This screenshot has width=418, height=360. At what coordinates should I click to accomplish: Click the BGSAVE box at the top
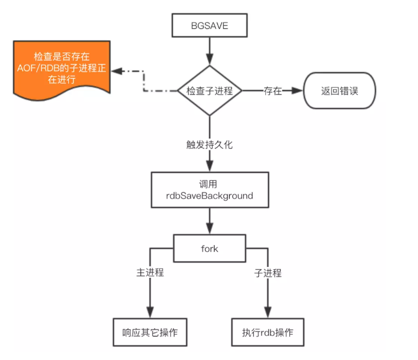coord(210,26)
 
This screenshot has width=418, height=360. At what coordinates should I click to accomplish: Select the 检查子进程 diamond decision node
coord(210,91)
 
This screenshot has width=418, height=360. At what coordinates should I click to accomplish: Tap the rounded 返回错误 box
coord(340,91)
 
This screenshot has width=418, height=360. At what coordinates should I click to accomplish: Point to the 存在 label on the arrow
coord(272,91)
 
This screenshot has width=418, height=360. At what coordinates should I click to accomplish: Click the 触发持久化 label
coord(210,145)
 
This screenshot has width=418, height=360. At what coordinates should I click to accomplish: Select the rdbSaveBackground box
coord(210,189)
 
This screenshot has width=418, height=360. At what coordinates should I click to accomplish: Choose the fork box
coord(210,249)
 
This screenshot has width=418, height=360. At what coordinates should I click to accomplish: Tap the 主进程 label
coord(150,272)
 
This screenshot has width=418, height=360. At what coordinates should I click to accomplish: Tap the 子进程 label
coord(268,272)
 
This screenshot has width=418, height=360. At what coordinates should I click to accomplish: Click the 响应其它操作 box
coord(150,332)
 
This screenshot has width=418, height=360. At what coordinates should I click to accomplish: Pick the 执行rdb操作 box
coord(268,332)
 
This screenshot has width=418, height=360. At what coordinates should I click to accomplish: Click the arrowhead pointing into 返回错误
coord(298,91)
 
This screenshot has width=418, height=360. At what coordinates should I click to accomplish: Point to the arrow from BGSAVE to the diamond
coord(210,52)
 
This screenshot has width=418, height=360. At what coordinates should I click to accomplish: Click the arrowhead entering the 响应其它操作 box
coord(150,312)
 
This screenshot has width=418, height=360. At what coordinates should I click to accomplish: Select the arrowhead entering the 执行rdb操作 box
coord(268,312)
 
